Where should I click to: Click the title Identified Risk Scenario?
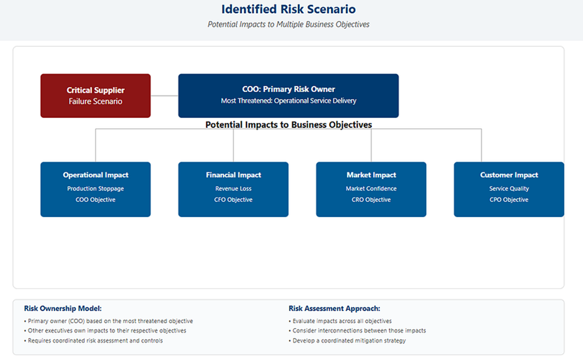coord(289,9)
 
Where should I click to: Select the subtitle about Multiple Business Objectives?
coord(289,24)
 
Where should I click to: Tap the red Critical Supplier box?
coord(95,96)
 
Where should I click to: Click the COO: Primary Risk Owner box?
coord(289,96)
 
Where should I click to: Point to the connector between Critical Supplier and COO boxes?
coord(165,96)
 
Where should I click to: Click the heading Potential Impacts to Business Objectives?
coord(289,124)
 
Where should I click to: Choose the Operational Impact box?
coord(95,189)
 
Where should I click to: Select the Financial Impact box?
coord(233,189)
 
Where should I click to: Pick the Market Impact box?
coord(371,189)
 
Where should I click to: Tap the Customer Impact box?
coord(509,189)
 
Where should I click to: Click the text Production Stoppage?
coord(95,189)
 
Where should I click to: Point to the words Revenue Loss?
coord(233,189)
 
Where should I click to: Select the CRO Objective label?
coord(371,200)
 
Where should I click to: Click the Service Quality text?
coord(509,189)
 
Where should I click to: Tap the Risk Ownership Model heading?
coord(63,308)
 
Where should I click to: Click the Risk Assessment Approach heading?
coord(334,308)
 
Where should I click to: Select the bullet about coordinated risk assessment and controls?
coord(93,341)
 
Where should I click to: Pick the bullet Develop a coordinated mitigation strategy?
coord(347,341)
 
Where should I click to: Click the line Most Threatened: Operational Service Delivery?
coord(289,101)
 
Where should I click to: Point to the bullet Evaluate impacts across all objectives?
coord(340,321)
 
